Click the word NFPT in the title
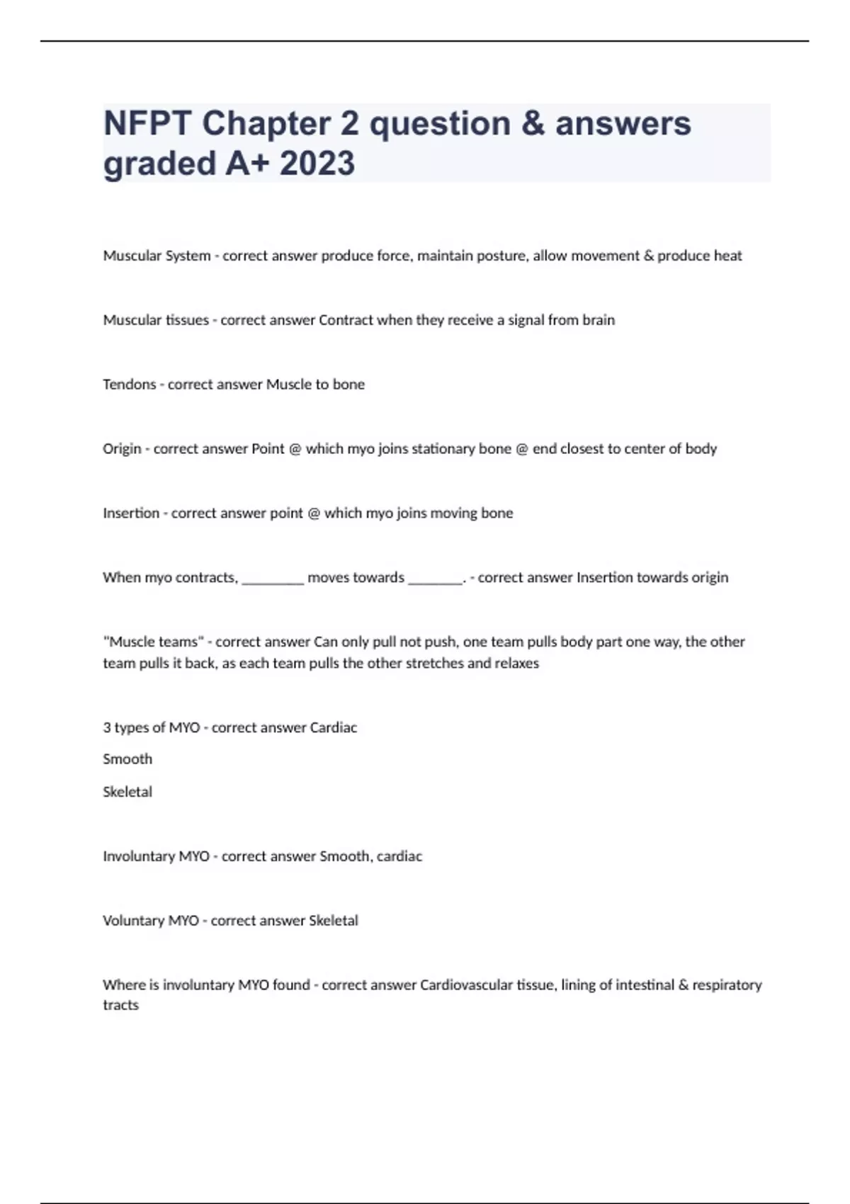tap(147, 124)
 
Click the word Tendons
tap(129, 385)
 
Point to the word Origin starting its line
tap(122, 449)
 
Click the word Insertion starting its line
tap(131, 513)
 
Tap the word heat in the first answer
tap(727, 256)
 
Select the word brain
tap(598, 320)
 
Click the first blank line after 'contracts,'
tap(273, 578)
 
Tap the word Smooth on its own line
tap(127, 759)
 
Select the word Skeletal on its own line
tap(127, 792)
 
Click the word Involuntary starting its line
tap(138, 856)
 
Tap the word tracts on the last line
tap(120, 1006)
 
